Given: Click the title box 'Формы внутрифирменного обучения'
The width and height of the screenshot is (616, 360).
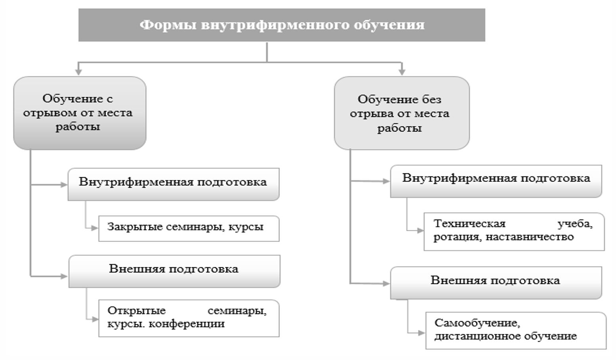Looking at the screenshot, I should click(281, 25).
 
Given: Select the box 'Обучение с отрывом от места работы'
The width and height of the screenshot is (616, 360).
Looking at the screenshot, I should click(80, 113).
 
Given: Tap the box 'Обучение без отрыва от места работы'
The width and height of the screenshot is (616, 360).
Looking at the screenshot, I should click(402, 113).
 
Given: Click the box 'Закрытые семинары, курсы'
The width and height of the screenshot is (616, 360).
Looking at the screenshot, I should click(189, 228).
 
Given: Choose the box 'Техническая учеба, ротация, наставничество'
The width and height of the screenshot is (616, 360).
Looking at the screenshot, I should click(514, 232).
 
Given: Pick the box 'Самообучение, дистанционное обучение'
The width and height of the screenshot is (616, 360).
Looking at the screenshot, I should click(515, 330).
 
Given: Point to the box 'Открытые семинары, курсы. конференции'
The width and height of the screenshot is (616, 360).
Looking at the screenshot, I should click(189, 318).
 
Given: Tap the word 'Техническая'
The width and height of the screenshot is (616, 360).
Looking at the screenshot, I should click(469, 224).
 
